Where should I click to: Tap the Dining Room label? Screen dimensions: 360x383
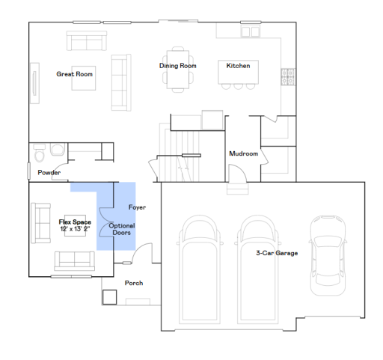177,66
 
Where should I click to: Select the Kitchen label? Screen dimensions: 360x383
238,66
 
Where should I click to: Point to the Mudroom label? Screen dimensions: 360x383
243,153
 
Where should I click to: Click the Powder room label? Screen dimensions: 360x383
49,173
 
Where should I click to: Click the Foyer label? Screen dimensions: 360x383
136,207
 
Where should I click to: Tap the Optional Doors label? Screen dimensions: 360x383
122,229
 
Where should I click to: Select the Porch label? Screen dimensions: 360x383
134,283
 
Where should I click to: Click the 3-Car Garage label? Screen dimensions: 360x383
276,253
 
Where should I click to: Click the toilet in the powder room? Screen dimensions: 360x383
54,152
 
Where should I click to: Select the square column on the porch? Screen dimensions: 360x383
110,296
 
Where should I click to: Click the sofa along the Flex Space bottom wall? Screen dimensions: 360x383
73,261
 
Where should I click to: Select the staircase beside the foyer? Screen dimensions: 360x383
178,150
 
